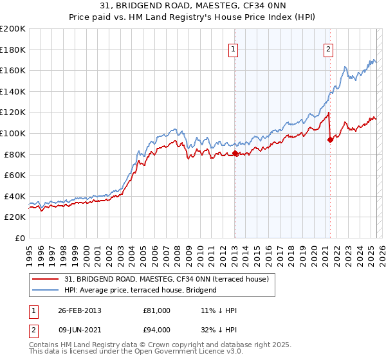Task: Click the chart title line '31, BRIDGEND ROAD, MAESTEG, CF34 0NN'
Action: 192,6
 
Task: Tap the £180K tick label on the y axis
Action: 13,50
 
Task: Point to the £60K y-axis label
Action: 15,175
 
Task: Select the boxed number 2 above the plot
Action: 328,48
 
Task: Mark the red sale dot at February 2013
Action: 235,153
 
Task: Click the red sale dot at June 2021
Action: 330,139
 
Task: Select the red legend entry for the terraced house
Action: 170,278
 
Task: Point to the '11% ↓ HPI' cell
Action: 219,310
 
